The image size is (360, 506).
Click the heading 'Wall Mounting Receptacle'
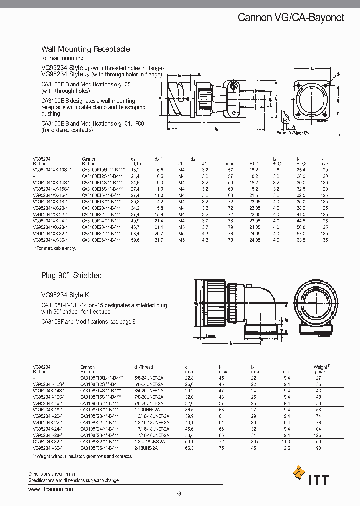(85, 49)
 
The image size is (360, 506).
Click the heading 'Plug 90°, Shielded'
(71, 275)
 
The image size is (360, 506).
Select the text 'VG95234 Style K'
(65, 295)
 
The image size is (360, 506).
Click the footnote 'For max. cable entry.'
(56, 247)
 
